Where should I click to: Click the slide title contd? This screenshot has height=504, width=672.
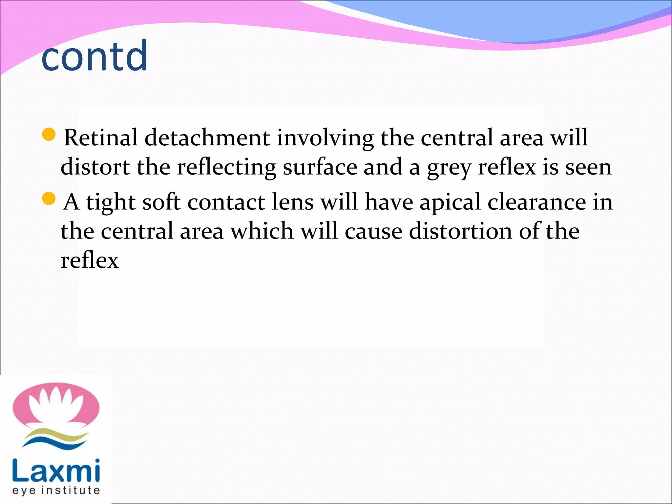[94, 56]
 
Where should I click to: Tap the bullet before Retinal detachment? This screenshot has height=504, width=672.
[49, 135]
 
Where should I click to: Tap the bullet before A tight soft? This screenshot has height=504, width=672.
[49, 199]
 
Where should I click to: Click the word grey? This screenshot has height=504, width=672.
[449, 168]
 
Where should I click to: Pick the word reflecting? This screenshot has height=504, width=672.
[226, 168]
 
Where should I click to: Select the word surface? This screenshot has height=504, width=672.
[320, 167]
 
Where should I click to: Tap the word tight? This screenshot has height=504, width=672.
[110, 202]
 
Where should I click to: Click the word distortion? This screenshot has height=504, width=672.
[460, 231]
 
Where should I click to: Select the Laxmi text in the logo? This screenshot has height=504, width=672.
[56, 471]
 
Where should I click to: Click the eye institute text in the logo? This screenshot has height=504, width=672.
[56, 491]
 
